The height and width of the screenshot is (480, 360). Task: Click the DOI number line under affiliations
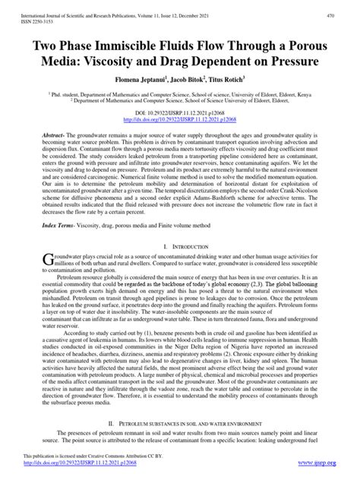coord(180,112)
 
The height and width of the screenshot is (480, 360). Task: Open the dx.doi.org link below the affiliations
coord(180,118)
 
